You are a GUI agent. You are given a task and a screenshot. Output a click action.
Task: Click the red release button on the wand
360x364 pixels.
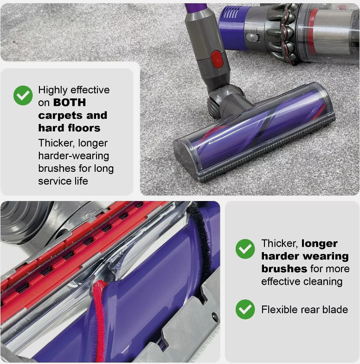click(x=217, y=58)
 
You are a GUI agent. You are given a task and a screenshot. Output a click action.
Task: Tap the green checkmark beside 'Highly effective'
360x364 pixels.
click(x=23, y=95)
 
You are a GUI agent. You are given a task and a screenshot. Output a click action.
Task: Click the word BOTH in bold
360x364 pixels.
click(x=70, y=103)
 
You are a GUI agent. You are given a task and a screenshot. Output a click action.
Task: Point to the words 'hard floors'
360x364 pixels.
click(x=69, y=128)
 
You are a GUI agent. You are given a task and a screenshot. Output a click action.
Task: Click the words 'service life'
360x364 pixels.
click(x=63, y=181)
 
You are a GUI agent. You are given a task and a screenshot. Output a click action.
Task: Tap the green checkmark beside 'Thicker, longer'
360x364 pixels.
click(x=245, y=249)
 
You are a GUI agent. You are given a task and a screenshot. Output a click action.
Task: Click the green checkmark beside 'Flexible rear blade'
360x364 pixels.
click(x=245, y=309)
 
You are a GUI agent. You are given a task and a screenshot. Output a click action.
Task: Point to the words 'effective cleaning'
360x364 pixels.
click(x=301, y=281)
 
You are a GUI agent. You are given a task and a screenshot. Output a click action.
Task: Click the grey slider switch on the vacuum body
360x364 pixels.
click(x=252, y=38)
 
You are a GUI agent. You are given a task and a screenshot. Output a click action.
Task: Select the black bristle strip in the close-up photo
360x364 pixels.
click(x=201, y=246)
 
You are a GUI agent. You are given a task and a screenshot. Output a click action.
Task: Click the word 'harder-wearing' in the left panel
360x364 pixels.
click(x=73, y=156)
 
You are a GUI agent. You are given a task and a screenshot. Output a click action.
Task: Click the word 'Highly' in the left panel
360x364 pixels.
click(x=52, y=90)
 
